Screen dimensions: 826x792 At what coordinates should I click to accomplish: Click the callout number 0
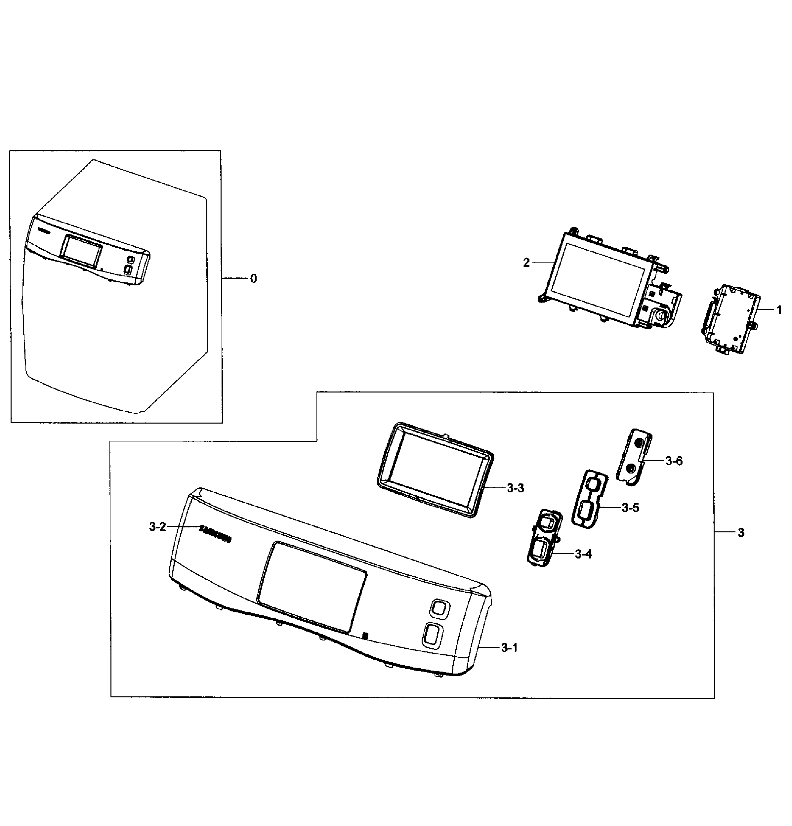[253, 278]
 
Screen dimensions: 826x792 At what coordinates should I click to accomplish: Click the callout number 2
[526, 263]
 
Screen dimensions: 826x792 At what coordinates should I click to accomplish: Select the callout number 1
[779, 310]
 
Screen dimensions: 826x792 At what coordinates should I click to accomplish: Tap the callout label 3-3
[515, 488]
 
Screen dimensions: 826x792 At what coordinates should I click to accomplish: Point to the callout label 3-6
[674, 461]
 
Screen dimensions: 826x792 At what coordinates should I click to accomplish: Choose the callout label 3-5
[630, 508]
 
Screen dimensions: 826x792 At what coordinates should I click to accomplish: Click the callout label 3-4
[583, 554]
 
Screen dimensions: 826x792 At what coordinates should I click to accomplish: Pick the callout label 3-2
[157, 527]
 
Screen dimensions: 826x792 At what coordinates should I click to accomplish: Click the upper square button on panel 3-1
[439, 608]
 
